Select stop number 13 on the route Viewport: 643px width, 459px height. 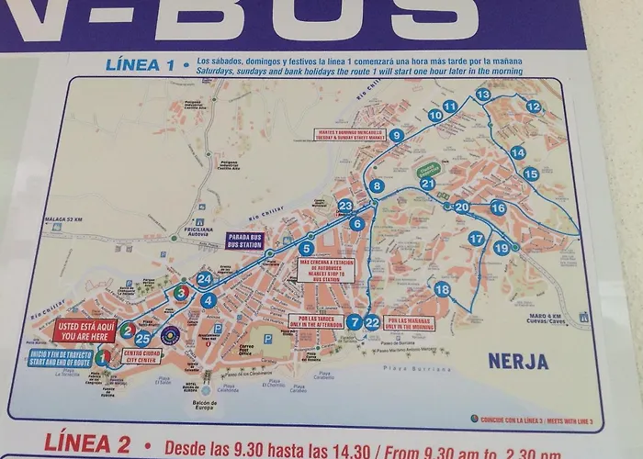pyautogui.click(x=482, y=95)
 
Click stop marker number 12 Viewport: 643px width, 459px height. pyautogui.click(x=533, y=106)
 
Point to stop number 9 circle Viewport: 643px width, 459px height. pyautogui.click(x=396, y=135)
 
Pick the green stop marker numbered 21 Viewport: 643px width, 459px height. pyautogui.click(x=427, y=184)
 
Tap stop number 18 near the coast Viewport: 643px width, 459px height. pyautogui.click(x=442, y=290)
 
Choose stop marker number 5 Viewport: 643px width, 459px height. pyautogui.click(x=306, y=248)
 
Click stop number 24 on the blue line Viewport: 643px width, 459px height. pyautogui.click(x=205, y=278)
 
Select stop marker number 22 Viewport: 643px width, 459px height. pyautogui.click(x=372, y=322)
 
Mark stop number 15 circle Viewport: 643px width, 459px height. pyautogui.click(x=530, y=174)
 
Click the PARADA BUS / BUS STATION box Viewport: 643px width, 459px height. pyautogui.click(x=245, y=241)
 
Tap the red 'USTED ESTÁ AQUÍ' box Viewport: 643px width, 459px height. pyautogui.click(x=85, y=330)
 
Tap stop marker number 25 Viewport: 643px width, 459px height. pyautogui.click(x=142, y=339)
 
